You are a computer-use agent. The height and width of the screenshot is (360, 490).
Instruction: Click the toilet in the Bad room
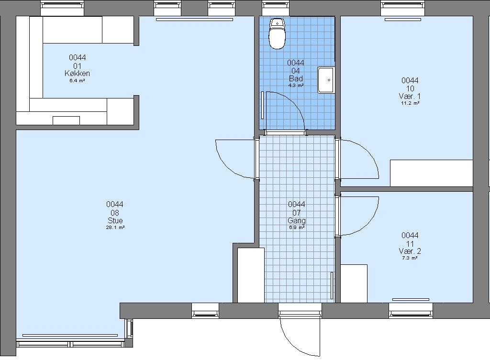pyautogui.click(x=277, y=34)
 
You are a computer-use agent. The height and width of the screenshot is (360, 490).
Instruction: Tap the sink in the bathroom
pyautogui.click(x=326, y=80)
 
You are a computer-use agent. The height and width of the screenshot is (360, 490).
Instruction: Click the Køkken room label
pyautogui.click(x=77, y=73)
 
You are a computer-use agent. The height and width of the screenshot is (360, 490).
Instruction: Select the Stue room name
pyautogui.click(x=115, y=220)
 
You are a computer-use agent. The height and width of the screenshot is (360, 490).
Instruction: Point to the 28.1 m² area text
pyautogui.click(x=115, y=228)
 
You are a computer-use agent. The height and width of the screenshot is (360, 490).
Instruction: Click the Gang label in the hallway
pyautogui.click(x=297, y=220)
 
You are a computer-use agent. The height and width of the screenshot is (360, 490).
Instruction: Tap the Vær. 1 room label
pyautogui.click(x=410, y=96)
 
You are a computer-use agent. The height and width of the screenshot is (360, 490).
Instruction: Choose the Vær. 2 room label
pyautogui.click(x=410, y=251)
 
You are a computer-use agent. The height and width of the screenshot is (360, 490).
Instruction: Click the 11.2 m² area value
pyautogui.click(x=410, y=103)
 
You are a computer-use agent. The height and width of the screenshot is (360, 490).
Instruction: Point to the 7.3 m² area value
pyautogui.click(x=410, y=258)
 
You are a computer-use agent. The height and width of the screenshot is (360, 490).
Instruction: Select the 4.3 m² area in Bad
pyautogui.click(x=296, y=85)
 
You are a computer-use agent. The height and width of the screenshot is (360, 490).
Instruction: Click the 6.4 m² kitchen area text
pyautogui.click(x=77, y=80)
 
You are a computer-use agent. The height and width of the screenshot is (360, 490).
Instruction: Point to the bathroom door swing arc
pyautogui.click(x=294, y=101)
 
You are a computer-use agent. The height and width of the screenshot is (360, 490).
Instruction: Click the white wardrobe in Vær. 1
pyautogui.click(x=431, y=173)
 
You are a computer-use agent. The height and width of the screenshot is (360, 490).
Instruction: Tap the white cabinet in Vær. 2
pyautogui.click(x=354, y=284)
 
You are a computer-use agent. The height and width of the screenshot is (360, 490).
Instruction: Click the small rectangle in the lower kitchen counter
pyautogui.click(x=66, y=120)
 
